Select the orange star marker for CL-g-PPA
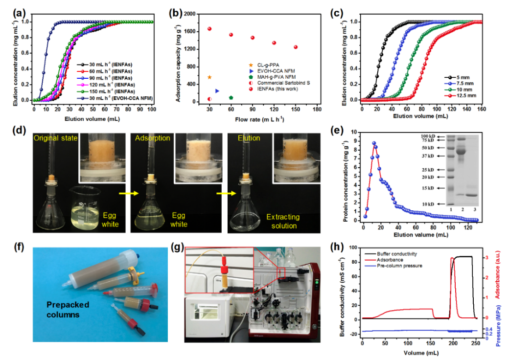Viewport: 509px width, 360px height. click(209, 77)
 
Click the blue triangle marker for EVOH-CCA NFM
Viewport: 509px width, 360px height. click(217, 91)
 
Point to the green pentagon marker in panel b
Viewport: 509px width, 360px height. click(231, 98)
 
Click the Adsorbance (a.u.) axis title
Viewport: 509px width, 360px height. click(499, 284)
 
